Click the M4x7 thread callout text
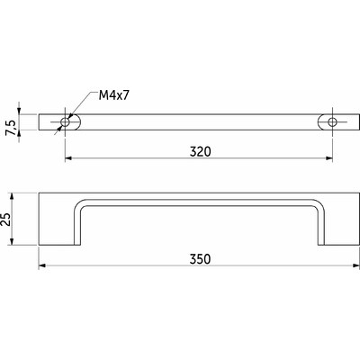114,95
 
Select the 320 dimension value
201,152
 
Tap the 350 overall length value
200,259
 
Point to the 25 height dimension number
5,220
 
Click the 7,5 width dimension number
11,128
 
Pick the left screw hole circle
65,122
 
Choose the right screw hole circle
332,122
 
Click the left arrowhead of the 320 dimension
68,158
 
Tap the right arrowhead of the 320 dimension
329,158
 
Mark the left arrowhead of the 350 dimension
42,265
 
